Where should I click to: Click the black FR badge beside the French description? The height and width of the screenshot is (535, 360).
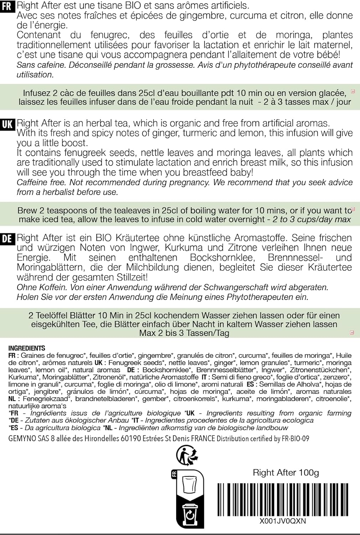point(7,6)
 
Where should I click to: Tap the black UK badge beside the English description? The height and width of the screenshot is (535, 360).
point(7,124)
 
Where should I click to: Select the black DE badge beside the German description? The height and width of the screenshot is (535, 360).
point(7,239)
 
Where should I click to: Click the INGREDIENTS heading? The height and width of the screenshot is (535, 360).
point(27,348)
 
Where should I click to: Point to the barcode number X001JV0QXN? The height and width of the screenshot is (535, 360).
point(283,521)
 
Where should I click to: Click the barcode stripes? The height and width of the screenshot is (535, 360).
point(283,499)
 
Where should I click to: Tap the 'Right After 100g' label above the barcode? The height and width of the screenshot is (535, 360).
point(286,473)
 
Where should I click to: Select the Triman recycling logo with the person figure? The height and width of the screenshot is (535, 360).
point(187,455)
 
